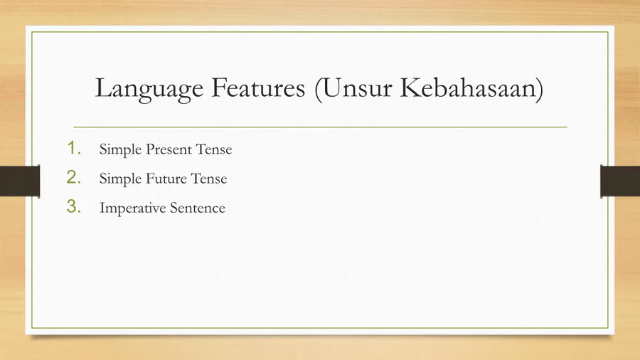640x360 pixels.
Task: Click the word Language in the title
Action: click(x=149, y=89)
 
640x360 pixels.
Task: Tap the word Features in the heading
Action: click(x=258, y=88)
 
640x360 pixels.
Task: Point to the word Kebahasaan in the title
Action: click(x=469, y=88)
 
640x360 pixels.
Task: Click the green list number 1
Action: click(x=74, y=148)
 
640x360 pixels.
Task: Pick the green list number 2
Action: click(x=74, y=177)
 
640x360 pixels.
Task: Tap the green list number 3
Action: click(x=74, y=206)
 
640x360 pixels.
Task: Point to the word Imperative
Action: click(x=133, y=208)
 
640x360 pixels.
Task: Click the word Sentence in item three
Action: click(x=198, y=208)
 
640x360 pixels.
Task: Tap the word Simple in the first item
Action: click(x=120, y=150)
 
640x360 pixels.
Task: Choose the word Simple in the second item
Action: click(x=120, y=179)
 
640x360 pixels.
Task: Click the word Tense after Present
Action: click(x=214, y=149)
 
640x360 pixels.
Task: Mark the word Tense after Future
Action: click(x=209, y=179)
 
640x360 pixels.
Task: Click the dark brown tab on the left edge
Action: click(x=20, y=181)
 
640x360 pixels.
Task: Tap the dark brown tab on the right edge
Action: click(x=620, y=181)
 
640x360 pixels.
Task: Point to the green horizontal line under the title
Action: click(x=320, y=127)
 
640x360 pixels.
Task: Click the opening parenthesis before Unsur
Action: click(x=319, y=89)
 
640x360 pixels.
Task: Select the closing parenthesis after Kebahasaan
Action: click(x=540, y=89)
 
